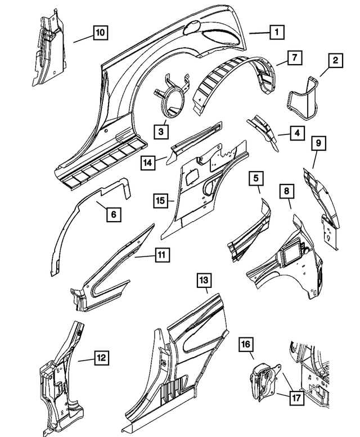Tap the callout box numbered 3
161,131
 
